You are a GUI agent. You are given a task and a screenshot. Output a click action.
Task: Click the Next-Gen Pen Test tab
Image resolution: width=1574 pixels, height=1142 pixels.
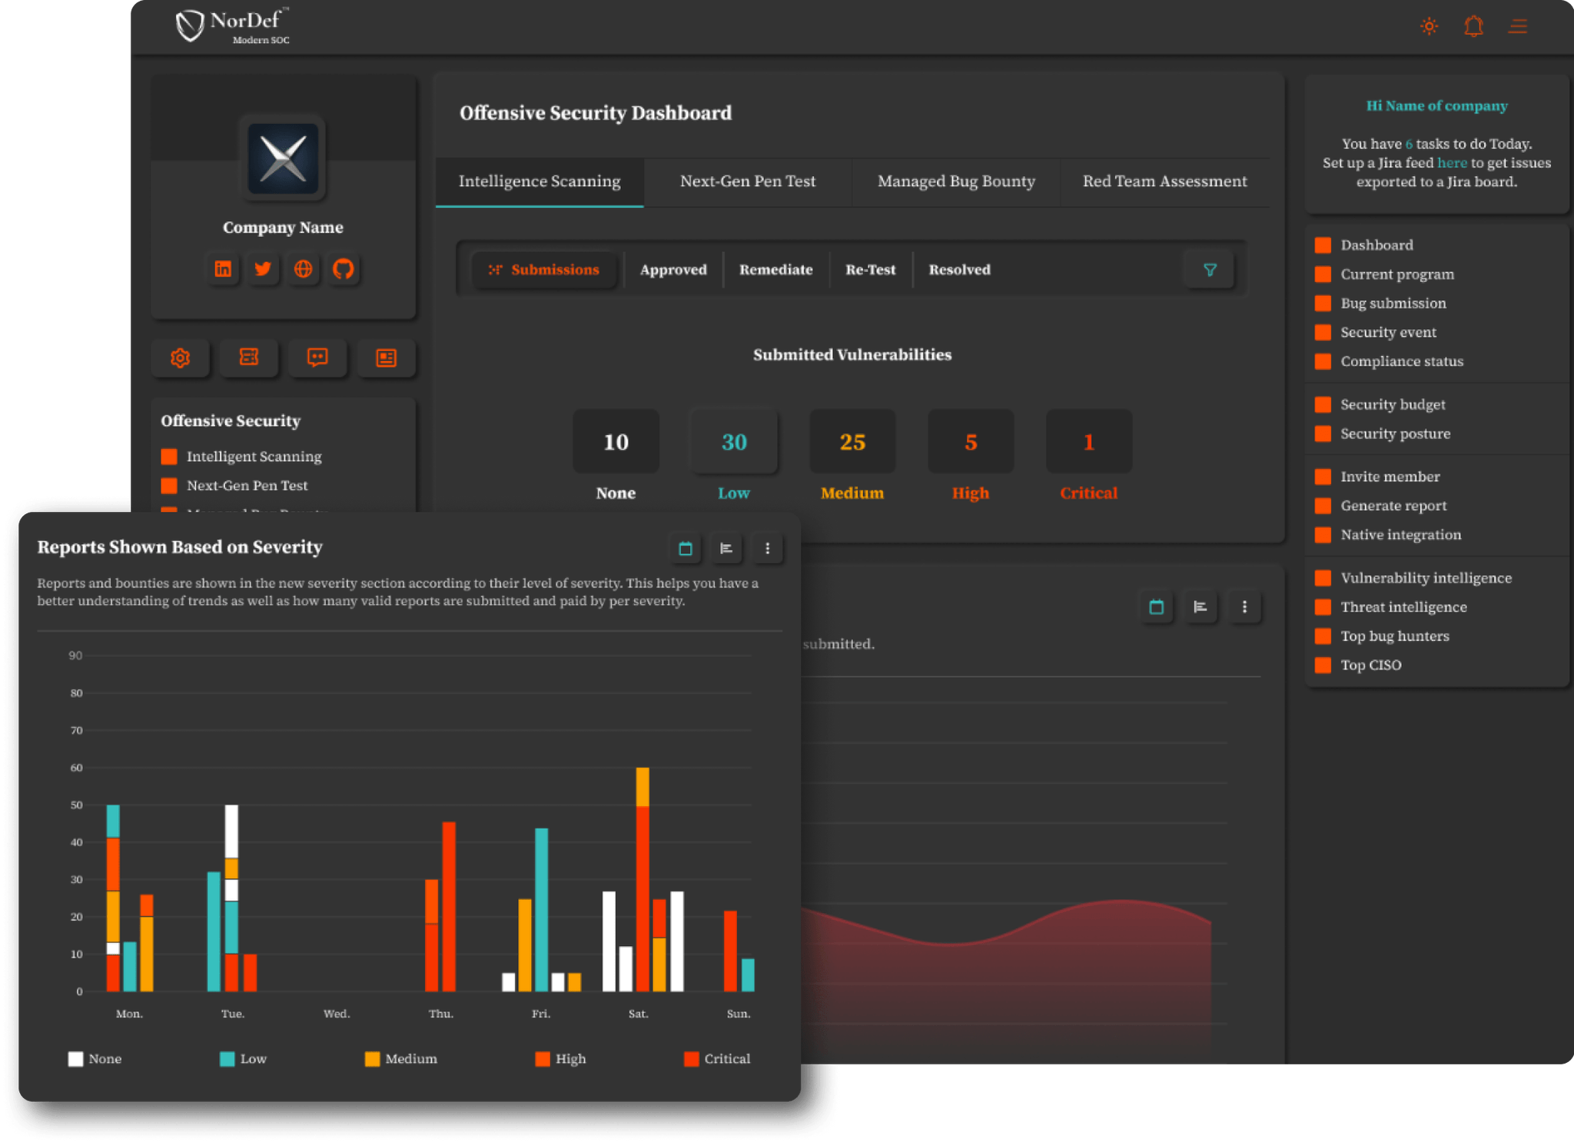(x=747, y=181)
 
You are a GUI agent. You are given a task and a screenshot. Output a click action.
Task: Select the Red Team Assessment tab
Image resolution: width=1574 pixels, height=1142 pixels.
(x=1164, y=181)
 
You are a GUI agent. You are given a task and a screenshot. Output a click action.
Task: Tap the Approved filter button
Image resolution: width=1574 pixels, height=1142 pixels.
(x=673, y=270)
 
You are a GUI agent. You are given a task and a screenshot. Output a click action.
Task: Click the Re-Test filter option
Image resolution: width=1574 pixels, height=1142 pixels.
(x=870, y=270)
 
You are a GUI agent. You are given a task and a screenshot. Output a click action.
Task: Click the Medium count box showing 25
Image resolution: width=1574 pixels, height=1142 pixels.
(x=852, y=442)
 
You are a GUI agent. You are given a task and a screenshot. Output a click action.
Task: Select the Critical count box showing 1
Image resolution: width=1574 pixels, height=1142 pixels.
(x=1088, y=442)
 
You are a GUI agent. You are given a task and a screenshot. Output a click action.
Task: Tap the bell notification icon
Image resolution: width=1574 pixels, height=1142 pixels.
(x=1473, y=27)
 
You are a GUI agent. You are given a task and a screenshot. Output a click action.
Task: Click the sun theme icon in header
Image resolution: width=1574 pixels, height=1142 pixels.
(x=1429, y=27)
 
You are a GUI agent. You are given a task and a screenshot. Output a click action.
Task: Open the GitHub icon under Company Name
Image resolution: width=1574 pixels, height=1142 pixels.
(x=343, y=269)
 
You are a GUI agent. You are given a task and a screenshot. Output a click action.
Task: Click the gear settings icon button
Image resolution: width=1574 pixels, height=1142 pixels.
(x=180, y=358)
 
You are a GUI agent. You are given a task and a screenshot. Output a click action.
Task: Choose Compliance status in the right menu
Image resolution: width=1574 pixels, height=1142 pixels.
(x=1401, y=361)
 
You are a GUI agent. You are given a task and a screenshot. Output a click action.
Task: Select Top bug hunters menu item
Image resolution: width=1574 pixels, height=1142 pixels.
(x=1394, y=636)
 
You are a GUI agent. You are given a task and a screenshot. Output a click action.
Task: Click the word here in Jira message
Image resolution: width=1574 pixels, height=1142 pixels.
(x=1452, y=163)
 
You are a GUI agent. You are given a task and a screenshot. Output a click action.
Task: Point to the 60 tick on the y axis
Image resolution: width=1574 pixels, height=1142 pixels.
(x=76, y=768)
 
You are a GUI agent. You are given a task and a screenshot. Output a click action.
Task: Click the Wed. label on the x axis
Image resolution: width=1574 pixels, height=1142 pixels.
(x=336, y=1014)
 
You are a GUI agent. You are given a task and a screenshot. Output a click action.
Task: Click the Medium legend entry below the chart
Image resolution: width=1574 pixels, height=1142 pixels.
(x=401, y=1059)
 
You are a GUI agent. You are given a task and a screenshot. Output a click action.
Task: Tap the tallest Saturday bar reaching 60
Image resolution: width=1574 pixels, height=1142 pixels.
(x=643, y=880)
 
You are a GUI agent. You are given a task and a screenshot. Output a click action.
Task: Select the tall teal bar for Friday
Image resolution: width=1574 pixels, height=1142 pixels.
(x=541, y=910)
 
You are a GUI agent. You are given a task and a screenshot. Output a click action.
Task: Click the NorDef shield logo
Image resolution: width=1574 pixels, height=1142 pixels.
(x=189, y=26)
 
